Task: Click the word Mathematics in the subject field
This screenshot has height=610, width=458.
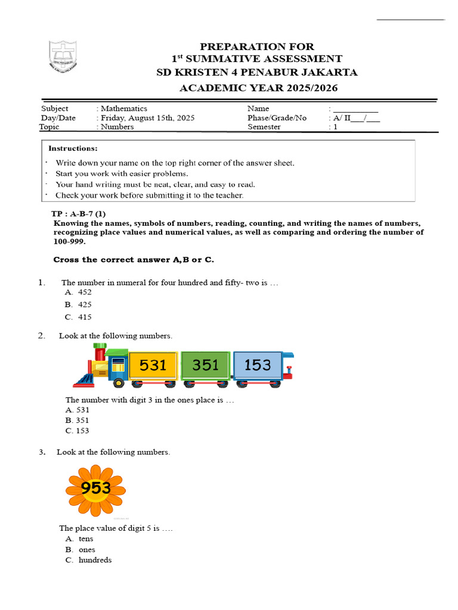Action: [123, 108]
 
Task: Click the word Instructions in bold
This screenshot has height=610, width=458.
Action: [73, 148]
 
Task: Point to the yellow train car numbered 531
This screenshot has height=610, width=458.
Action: [153, 365]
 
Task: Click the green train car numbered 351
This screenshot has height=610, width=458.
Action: [205, 365]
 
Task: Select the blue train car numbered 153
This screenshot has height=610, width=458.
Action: [258, 365]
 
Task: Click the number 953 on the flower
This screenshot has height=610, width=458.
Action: [96, 488]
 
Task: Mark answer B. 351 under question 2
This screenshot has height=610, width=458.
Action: [78, 420]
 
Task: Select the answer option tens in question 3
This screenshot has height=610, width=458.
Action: [85, 539]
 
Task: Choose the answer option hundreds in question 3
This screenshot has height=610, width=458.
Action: [94, 561]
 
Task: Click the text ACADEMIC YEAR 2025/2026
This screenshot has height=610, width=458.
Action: [258, 88]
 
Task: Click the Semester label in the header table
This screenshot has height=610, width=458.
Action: [264, 127]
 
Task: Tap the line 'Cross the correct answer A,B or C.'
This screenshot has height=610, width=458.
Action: [134, 260]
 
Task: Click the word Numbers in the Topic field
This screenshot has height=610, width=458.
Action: [117, 127]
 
